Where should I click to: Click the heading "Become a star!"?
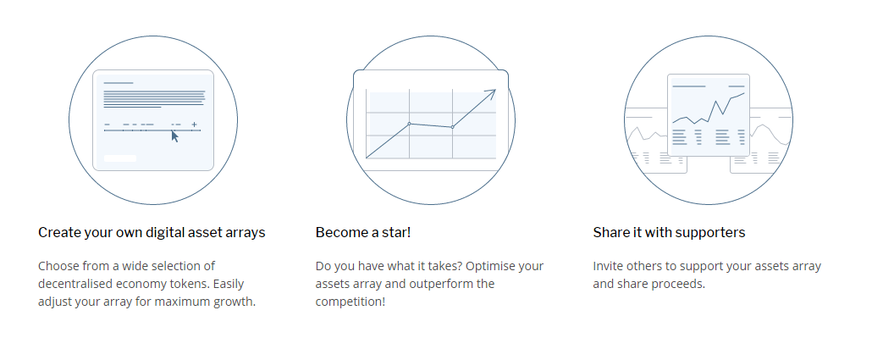(363, 232)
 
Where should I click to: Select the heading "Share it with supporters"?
(669, 232)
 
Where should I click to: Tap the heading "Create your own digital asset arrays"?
(152, 232)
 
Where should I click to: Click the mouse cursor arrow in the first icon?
(174, 136)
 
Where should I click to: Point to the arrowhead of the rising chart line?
(492, 93)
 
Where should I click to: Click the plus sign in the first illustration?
(194, 125)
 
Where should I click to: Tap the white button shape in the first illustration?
(120, 158)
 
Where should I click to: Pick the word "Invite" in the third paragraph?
(608, 266)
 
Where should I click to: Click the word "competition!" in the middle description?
(350, 302)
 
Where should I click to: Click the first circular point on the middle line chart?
(409, 124)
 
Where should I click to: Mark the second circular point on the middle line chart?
(453, 127)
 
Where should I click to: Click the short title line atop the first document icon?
(119, 83)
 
